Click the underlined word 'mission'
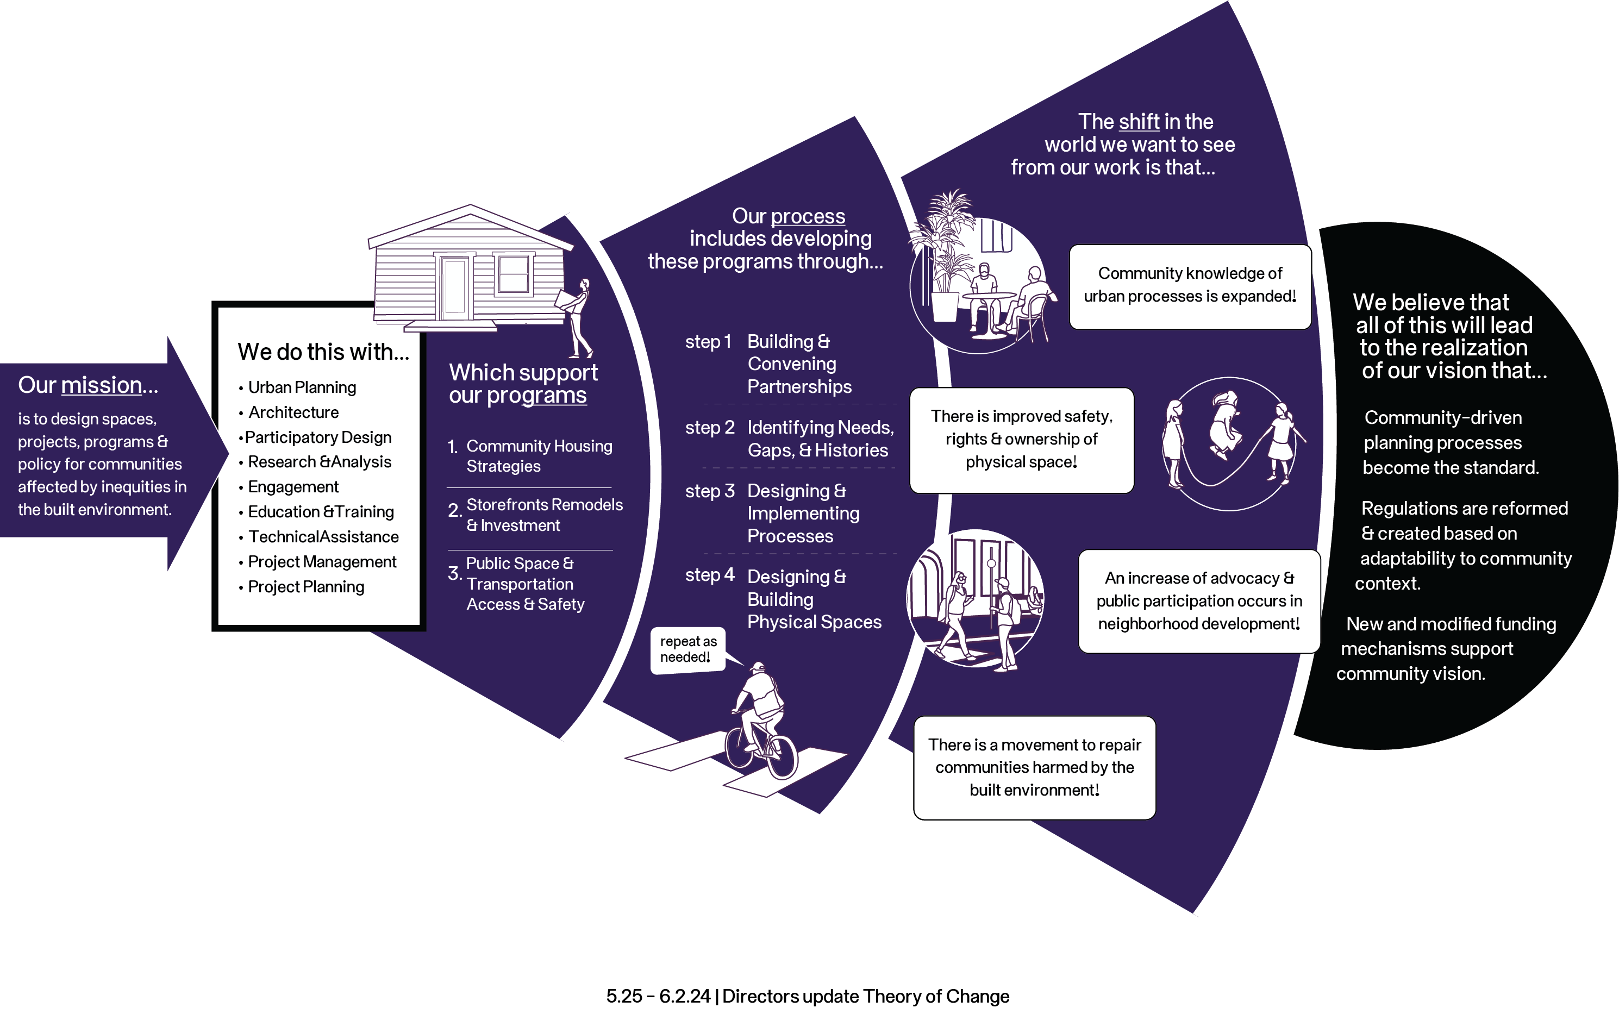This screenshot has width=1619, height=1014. [101, 386]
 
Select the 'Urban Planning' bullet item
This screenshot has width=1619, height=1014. [302, 387]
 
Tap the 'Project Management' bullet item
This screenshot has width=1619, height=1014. [322, 562]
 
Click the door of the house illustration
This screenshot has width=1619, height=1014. [455, 289]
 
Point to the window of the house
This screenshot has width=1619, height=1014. [514, 274]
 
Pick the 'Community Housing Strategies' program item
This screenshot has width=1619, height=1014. [539, 456]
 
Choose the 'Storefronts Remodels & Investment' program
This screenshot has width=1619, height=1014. [544, 515]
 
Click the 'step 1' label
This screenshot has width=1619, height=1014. [708, 342]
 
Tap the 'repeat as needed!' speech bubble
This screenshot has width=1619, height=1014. [687, 650]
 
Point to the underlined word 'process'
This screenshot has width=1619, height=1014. [808, 217]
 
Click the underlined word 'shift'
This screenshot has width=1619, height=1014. [1139, 122]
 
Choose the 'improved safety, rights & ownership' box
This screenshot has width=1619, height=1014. [1021, 440]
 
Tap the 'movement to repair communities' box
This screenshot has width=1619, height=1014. [1034, 768]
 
